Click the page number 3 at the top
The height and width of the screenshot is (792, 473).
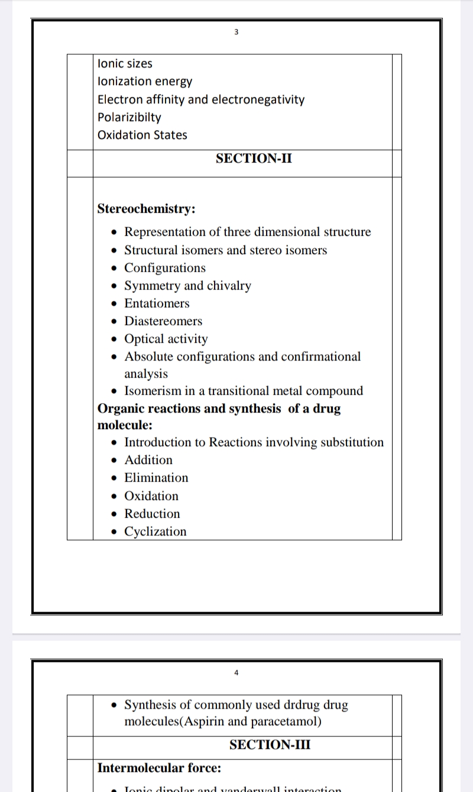coord(236,32)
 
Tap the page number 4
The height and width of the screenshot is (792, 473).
coord(236,673)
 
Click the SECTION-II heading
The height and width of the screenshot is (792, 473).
coord(254,158)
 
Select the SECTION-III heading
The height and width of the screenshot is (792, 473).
coord(270,745)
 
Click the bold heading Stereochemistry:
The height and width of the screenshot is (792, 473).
coord(147,209)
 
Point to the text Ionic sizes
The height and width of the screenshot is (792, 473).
coord(125,63)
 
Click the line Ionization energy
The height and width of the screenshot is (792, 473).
coord(144,81)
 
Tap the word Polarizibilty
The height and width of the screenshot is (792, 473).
coord(129,117)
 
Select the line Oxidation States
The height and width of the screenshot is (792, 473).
coord(142,135)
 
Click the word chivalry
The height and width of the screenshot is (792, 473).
coord(229,285)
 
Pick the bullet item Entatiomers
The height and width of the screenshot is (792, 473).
coord(157,303)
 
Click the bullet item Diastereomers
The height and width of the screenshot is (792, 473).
coord(163,321)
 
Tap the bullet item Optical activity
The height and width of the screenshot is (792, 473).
coord(166,339)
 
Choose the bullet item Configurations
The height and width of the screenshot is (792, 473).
coord(165,268)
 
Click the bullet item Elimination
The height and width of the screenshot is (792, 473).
coord(156,478)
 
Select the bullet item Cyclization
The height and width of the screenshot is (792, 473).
coord(155,531)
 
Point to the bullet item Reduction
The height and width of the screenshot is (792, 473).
coord(152,514)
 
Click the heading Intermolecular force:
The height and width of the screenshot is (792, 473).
coord(159,768)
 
